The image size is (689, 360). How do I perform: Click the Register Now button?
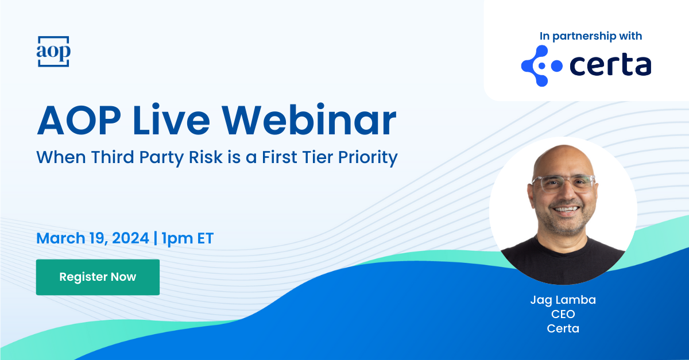pyautogui.click(x=98, y=277)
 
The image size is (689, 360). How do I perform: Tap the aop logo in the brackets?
pyautogui.click(x=53, y=51)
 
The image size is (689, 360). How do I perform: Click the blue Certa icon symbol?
pyautogui.click(x=541, y=66)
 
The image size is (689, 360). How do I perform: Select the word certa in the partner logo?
pyautogui.click(x=610, y=65)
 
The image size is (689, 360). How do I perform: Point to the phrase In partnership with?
pyautogui.click(x=591, y=36)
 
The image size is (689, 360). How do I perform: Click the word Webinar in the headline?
pyautogui.click(x=309, y=119)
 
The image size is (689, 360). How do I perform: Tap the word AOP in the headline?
pyautogui.click(x=79, y=120)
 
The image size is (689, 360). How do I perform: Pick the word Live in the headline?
pyautogui.click(x=171, y=119)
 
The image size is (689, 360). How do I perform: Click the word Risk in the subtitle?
pyautogui.click(x=206, y=157)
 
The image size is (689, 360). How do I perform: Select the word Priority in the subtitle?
pyautogui.click(x=368, y=158)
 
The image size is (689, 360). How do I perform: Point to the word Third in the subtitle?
pyautogui.click(x=113, y=157)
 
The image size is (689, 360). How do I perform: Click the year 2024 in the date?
pyautogui.click(x=130, y=238)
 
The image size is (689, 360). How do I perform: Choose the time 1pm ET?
pyautogui.click(x=187, y=239)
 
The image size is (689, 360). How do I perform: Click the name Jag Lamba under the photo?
pyautogui.click(x=563, y=300)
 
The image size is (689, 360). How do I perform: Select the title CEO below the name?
pyautogui.click(x=563, y=314)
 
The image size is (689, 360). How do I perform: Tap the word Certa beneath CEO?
pyautogui.click(x=563, y=328)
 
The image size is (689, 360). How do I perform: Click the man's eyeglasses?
pyautogui.click(x=563, y=183)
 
